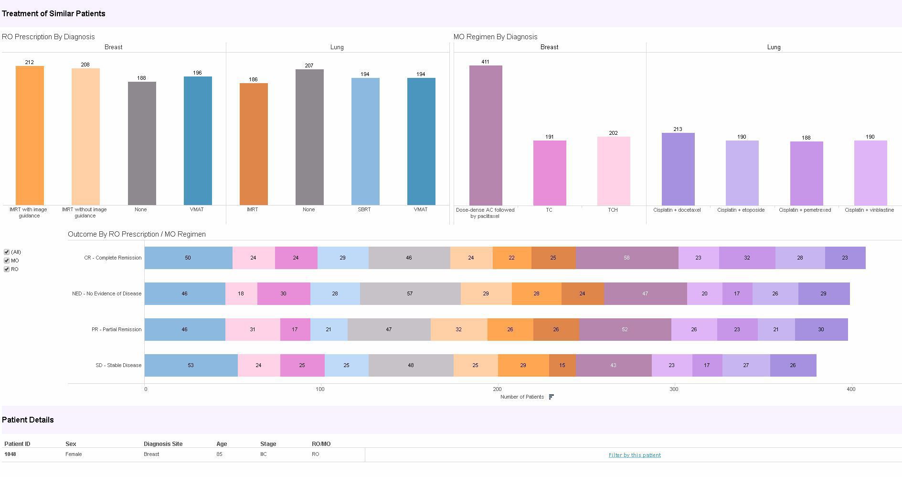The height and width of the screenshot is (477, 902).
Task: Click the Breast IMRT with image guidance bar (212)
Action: coord(30,136)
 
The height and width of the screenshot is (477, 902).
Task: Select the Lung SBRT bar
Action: coord(365,141)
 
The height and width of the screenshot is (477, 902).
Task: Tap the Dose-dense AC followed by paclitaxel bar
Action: coord(485,136)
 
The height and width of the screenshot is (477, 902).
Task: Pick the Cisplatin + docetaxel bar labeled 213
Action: coord(678,169)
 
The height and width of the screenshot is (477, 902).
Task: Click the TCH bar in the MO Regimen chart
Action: coord(613,171)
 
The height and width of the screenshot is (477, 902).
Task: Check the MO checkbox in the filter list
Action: coord(7,260)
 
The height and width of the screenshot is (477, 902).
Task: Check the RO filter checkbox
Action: coord(7,269)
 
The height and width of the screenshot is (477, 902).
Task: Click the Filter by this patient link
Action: coord(634,455)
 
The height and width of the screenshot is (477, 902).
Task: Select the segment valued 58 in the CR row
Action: coord(626,258)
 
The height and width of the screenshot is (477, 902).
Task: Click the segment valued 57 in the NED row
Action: coord(410,293)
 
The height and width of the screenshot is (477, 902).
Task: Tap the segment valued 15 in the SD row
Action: coord(562,365)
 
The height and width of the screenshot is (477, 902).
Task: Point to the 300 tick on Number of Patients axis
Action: coord(673,389)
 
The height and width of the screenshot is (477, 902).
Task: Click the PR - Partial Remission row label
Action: coord(117,329)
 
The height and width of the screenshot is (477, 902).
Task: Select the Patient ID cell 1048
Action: coord(10,454)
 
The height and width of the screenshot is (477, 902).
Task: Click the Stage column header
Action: coord(268,444)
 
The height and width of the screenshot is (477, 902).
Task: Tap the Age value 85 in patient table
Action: coord(219,454)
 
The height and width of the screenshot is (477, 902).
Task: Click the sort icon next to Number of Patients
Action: coord(552,397)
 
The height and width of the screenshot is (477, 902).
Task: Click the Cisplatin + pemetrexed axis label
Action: coord(805,210)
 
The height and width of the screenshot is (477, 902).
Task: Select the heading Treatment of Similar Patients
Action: coord(53,13)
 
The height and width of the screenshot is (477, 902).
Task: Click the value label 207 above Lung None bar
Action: coord(309,65)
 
